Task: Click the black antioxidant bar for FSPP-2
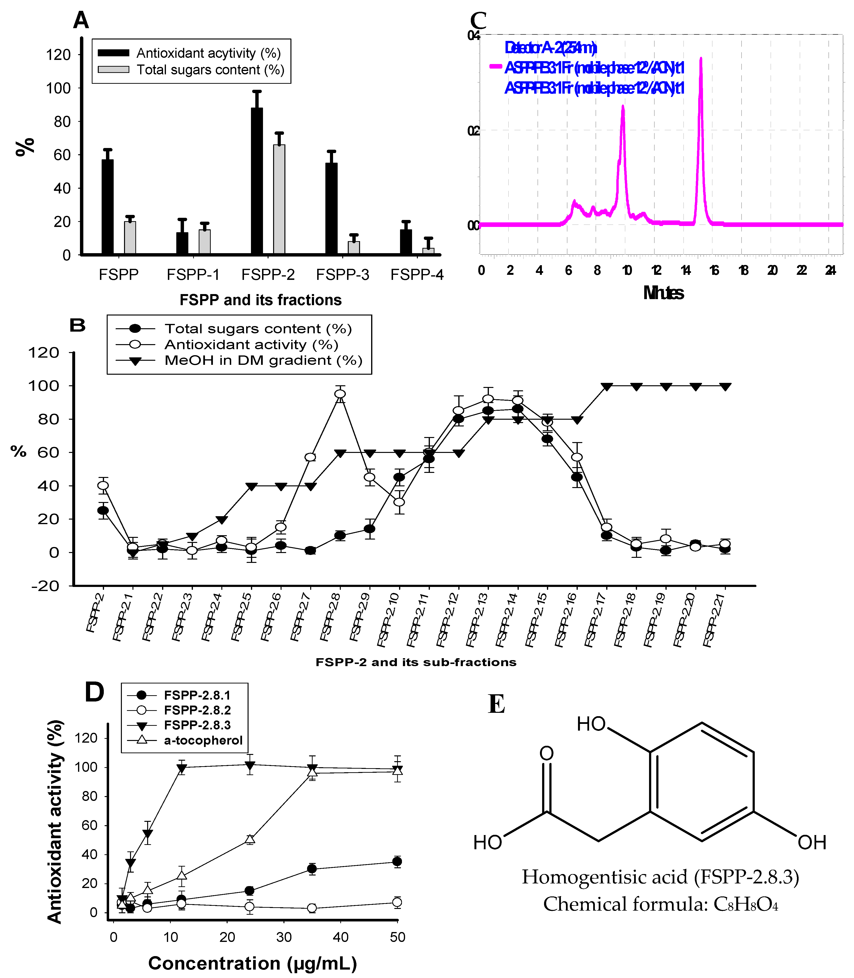pyautogui.click(x=257, y=181)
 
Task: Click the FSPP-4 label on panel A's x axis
pyautogui.click(x=417, y=275)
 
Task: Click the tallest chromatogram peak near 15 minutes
pyautogui.click(x=701, y=59)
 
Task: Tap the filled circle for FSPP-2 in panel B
pyautogui.click(x=103, y=510)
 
